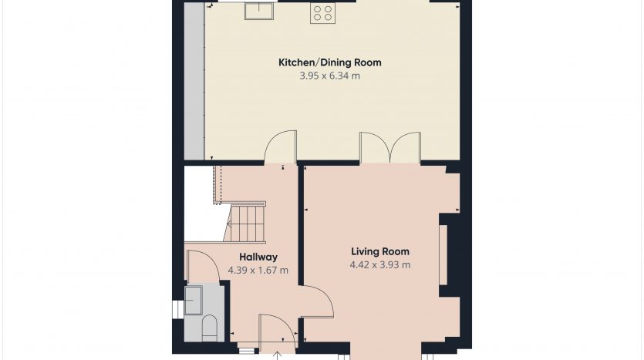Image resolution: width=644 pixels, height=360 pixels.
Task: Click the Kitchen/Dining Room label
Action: click(330, 62)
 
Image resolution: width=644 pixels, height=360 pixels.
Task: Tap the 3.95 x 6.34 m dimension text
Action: click(330, 76)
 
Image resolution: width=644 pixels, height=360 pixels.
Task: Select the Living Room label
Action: click(380, 251)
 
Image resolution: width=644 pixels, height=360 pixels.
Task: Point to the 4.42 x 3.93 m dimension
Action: click(380, 264)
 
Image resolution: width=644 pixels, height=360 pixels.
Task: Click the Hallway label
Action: click(258, 257)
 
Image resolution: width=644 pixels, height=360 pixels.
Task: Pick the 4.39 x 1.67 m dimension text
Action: click(258, 270)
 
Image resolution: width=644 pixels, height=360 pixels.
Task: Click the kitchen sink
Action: click(260, 11)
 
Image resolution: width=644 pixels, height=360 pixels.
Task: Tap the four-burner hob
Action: click(322, 12)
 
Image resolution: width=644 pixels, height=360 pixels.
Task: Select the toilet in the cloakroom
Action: click(210, 328)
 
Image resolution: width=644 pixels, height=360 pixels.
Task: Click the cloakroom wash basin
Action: click(193, 300)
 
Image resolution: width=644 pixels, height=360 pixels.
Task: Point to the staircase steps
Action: click(245, 224)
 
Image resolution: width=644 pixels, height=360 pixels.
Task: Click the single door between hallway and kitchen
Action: click(281, 147)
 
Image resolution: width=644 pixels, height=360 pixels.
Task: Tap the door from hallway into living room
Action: click(318, 301)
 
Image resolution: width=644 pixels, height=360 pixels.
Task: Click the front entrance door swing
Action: click(277, 331)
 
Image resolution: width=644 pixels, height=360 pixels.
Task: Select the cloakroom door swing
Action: click(204, 266)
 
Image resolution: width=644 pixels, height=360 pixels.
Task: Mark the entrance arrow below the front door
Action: click(278, 355)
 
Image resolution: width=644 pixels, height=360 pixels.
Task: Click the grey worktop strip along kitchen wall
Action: click(194, 81)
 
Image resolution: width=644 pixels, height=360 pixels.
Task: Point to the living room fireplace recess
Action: click(443, 255)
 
